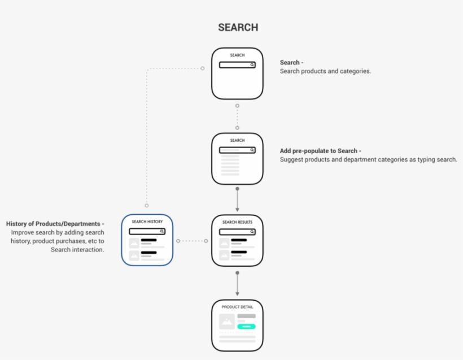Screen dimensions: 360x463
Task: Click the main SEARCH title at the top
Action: click(238, 28)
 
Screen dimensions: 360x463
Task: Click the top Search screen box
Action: click(237, 73)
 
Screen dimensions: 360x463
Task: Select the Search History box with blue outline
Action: click(147, 240)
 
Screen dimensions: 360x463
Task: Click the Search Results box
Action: click(237, 240)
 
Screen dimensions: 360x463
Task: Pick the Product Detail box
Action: click(237, 325)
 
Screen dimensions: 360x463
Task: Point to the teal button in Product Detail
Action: click(246, 327)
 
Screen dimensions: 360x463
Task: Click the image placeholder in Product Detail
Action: click(227, 322)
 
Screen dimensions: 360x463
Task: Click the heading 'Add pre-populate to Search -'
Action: click(320, 151)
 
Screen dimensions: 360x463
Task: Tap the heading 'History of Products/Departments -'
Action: click(55, 224)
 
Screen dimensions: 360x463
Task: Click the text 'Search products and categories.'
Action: click(325, 72)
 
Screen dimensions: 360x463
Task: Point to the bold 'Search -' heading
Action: click(292, 63)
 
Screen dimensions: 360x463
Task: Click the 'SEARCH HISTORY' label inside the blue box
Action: click(147, 222)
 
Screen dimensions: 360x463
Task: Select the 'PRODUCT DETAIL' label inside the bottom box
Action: click(237, 307)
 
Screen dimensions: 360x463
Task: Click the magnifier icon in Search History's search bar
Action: click(161, 231)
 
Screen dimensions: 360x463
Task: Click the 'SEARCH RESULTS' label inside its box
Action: click(237, 222)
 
